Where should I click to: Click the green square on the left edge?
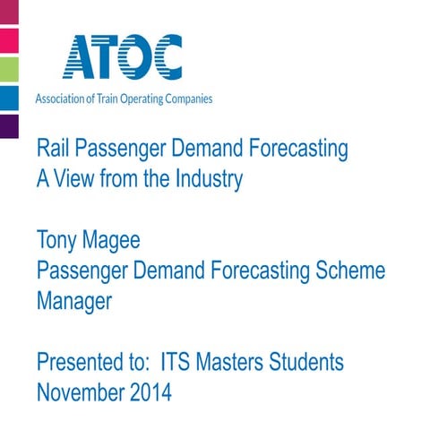9,69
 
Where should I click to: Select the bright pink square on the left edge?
9,40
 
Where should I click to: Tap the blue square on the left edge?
9,97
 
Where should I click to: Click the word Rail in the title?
52,149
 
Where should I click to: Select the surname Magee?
114,242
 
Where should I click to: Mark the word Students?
305,363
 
